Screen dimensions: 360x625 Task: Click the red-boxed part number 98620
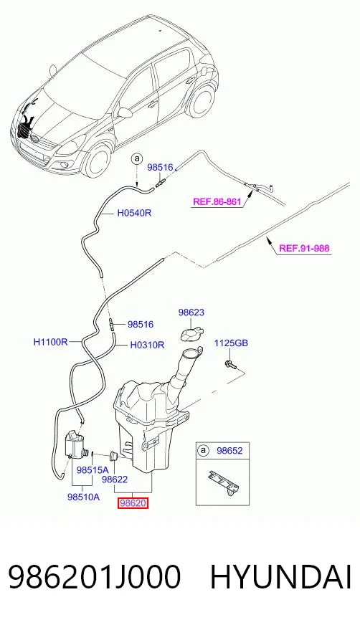click(133, 503)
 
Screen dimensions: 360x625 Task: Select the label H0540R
click(134, 214)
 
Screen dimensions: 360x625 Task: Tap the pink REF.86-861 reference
click(217, 201)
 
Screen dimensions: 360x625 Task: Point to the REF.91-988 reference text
click(304, 248)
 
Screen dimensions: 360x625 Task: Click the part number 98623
click(191, 312)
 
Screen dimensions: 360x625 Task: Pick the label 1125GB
click(231, 343)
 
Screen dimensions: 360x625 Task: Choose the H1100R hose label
click(51, 342)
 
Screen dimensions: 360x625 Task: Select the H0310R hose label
click(147, 345)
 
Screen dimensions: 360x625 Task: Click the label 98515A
click(93, 470)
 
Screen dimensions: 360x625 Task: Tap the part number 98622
click(115, 480)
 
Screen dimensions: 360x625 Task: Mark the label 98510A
click(83, 497)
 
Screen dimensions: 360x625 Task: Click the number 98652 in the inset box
click(229, 451)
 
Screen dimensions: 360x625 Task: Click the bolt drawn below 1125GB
click(231, 363)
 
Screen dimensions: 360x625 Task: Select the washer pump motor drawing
click(76, 444)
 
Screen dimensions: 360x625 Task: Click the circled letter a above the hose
click(137, 158)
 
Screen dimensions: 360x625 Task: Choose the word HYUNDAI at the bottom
click(280, 577)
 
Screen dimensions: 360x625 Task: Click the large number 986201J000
click(95, 577)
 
